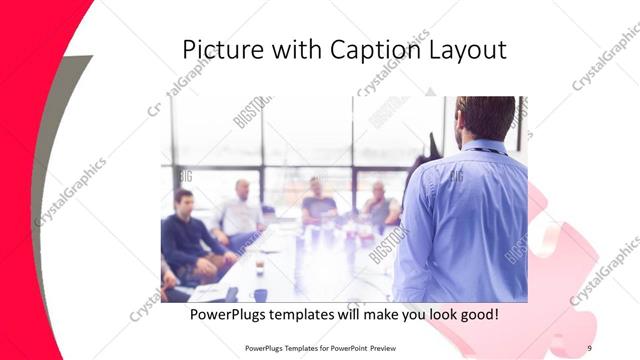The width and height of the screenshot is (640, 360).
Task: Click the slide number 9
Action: point(589,347)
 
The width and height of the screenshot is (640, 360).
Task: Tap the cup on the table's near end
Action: point(259,268)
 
